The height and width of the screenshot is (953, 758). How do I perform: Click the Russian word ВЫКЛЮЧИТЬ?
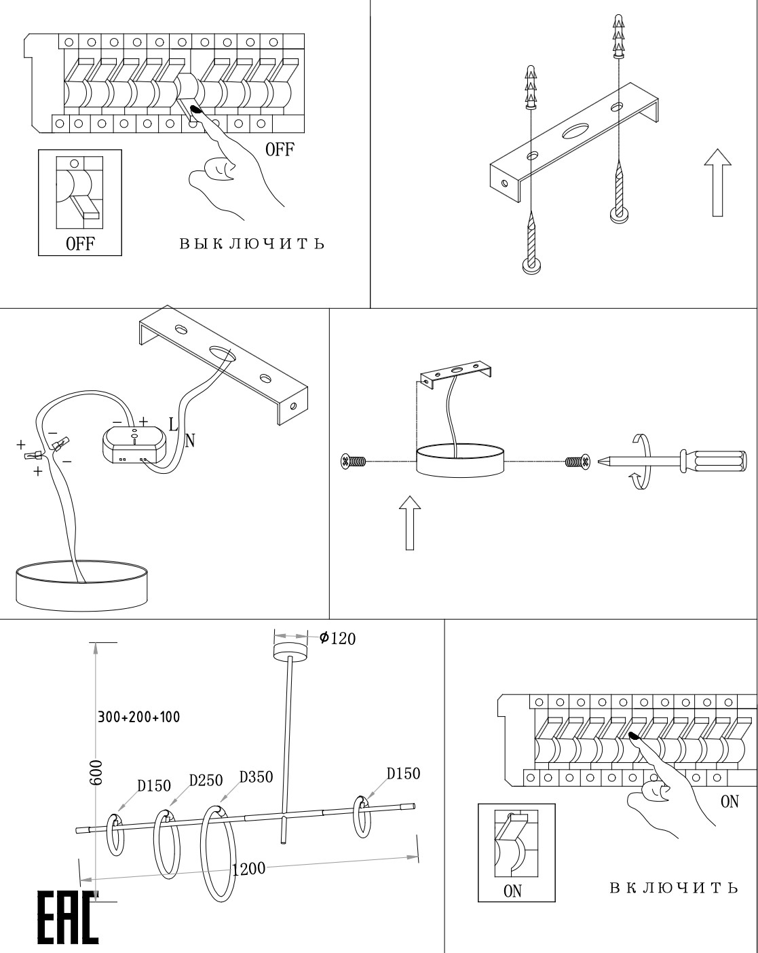click(251, 244)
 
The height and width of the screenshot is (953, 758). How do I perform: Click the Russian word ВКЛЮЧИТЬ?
click(673, 889)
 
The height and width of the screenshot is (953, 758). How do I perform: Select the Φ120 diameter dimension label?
click(337, 638)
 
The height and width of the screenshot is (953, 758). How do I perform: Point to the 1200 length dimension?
click(248, 870)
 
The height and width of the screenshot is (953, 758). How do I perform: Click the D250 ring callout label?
click(206, 781)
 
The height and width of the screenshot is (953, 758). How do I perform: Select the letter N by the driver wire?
click(190, 441)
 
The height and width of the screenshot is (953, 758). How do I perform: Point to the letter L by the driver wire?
click(173, 425)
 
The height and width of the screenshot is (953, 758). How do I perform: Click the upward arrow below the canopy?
click(411, 522)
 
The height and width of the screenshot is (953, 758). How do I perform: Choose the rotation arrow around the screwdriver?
click(641, 462)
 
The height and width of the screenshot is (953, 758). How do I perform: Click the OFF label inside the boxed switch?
click(79, 244)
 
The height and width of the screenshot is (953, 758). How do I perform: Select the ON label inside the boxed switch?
click(513, 891)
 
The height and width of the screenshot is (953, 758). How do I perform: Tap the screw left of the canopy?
click(354, 462)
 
